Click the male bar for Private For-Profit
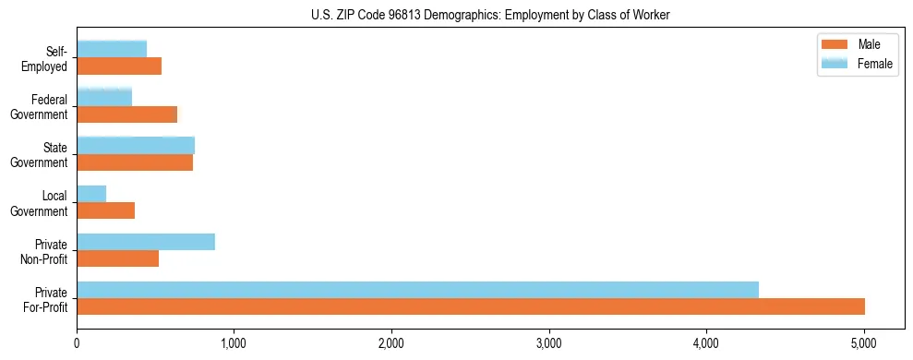[471, 306]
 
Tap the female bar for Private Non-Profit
[146, 241]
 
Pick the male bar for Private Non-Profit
[117, 258]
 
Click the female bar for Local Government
[91, 193]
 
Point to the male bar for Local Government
[105, 210]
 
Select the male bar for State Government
[135, 162]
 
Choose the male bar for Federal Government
[126, 114]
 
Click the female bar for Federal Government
[104, 97]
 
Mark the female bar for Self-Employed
[112, 49]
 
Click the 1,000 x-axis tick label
[234, 344]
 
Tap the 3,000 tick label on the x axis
[549, 344]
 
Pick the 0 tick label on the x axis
[77, 344]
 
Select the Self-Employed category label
[46, 59]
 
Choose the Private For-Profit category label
[46, 299]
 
